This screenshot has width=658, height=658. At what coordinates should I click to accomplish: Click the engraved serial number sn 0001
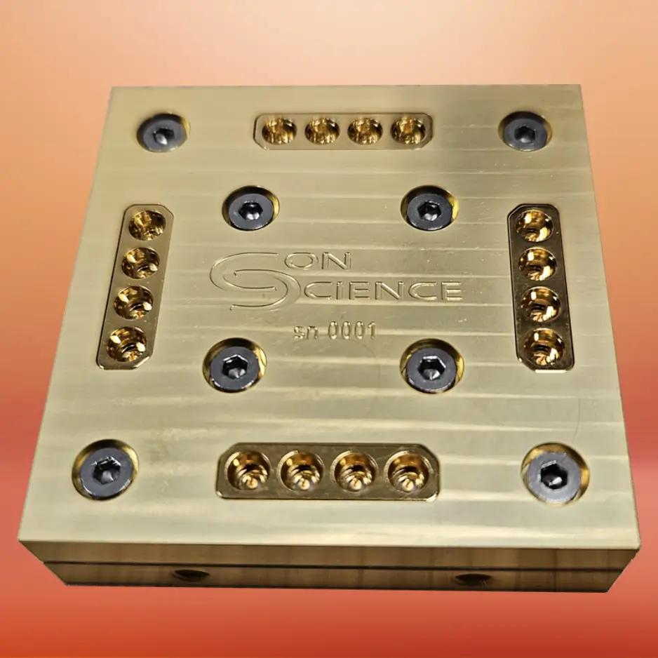335,332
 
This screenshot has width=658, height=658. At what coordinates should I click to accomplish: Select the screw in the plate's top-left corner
162,132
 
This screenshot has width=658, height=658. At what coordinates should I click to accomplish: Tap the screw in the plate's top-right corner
525,131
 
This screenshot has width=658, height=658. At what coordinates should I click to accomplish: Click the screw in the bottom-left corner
105,469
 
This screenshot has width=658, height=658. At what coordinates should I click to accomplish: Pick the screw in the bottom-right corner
554,474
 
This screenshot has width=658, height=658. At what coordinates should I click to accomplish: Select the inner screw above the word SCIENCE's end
429,208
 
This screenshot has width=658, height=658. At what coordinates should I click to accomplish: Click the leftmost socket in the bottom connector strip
248,471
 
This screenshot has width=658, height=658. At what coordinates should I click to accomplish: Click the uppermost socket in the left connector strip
148,225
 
